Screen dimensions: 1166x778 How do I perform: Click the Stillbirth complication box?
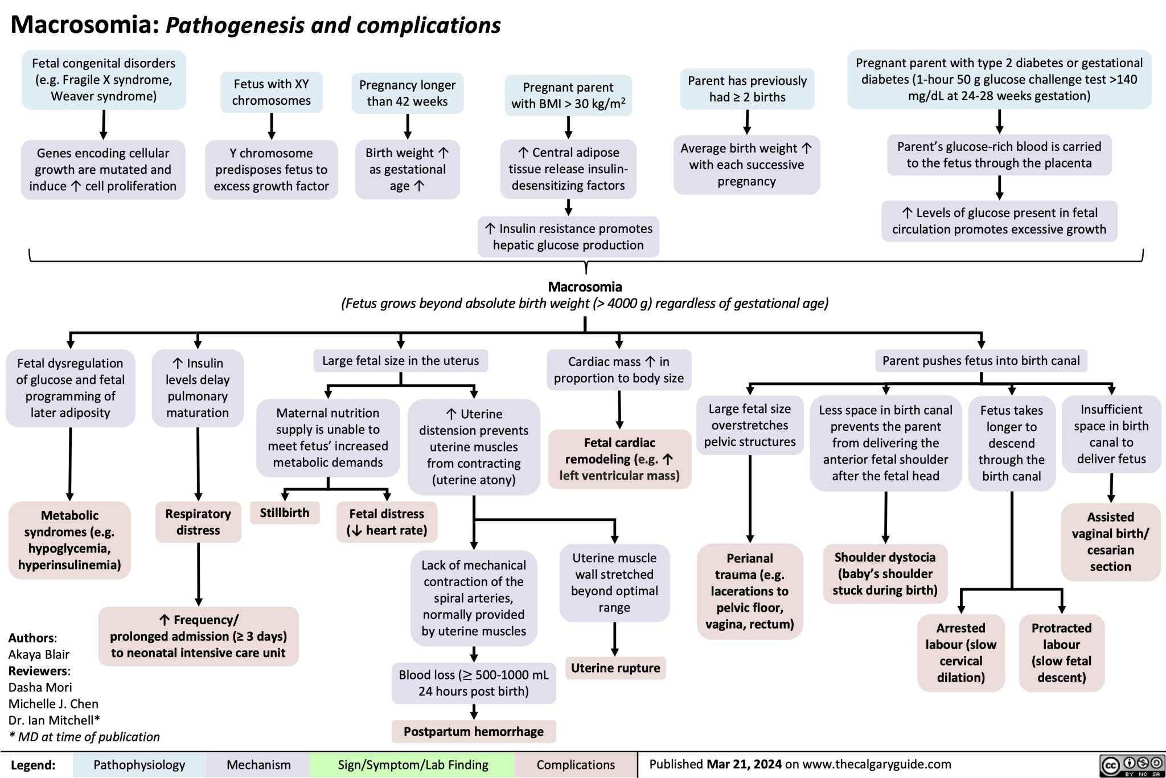[x=285, y=513]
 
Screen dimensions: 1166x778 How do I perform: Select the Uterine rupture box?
[x=615, y=668]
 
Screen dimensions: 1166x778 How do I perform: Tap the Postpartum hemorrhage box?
[x=474, y=731]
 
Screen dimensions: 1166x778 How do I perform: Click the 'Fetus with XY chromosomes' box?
[x=272, y=92]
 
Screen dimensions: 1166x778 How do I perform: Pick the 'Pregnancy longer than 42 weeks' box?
[x=408, y=93]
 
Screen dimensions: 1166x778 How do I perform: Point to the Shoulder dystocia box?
[x=885, y=574]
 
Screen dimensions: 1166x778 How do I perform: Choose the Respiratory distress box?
[x=198, y=522]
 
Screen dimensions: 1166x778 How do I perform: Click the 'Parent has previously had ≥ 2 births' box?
[x=747, y=89]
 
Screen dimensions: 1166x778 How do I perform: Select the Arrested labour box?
[x=961, y=653]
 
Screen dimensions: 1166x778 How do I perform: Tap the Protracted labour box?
[x=1062, y=653]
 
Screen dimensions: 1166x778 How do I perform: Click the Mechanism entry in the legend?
[x=258, y=765]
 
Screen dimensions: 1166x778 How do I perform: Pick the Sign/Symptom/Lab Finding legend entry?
[x=413, y=765]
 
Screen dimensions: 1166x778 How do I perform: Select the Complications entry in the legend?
[x=576, y=765]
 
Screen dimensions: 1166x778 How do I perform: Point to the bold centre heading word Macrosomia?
[x=585, y=286]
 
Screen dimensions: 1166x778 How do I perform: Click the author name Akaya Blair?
[x=39, y=654]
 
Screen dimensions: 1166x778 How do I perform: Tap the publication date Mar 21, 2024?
[x=744, y=764]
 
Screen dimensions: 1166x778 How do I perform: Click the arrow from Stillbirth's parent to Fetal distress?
[x=358, y=490]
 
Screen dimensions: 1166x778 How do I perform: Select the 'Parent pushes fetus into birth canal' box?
[x=981, y=361]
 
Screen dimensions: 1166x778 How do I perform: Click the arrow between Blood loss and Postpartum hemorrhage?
[x=474, y=712]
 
